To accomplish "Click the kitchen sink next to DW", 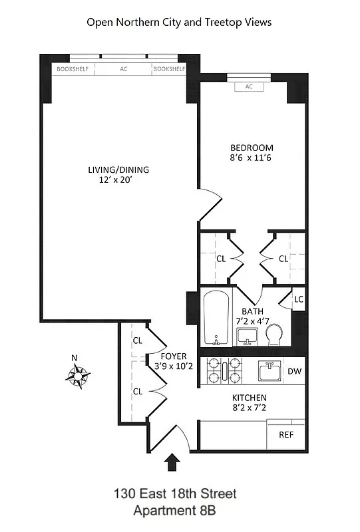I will (x=270, y=370).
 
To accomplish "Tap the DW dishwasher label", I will (x=294, y=371).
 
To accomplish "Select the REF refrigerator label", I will (x=286, y=435).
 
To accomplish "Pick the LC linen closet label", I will (x=299, y=299).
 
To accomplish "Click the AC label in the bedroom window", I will (x=250, y=86).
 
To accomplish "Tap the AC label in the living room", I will (x=124, y=68).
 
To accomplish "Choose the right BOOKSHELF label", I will (x=169, y=68).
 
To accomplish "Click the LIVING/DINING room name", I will (x=118, y=170).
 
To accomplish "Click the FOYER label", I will (x=174, y=356).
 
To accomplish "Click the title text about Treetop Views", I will (x=180, y=22).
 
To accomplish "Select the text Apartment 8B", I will (x=174, y=511).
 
